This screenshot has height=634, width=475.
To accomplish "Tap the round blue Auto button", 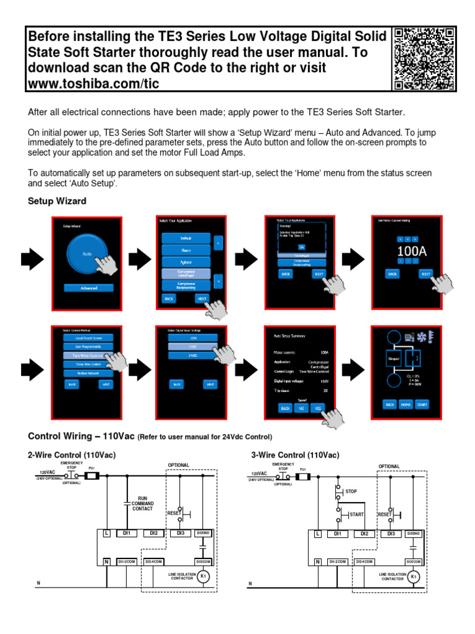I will [x=88, y=254].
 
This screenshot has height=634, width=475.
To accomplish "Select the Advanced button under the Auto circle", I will [x=88, y=288].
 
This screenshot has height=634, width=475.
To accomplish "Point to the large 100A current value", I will [x=411, y=251].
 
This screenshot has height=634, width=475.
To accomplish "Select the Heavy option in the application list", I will [x=186, y=250].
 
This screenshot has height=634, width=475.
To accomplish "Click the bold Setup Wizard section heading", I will [x=57, y=201].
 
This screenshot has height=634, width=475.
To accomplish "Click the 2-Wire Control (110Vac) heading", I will [x=72, y=455].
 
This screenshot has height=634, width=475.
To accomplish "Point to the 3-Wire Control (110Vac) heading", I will [x=295, y=455].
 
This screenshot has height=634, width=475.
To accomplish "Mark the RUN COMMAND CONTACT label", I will [x=147, y=503].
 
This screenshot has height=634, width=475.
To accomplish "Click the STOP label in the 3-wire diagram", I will [x=351, y=491].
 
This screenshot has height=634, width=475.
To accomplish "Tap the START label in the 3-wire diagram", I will [x=356, y=515].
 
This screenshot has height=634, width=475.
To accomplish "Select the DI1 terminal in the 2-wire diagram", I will [x=126, y=533].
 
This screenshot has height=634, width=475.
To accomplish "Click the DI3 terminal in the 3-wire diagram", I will [x=391, y=533].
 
